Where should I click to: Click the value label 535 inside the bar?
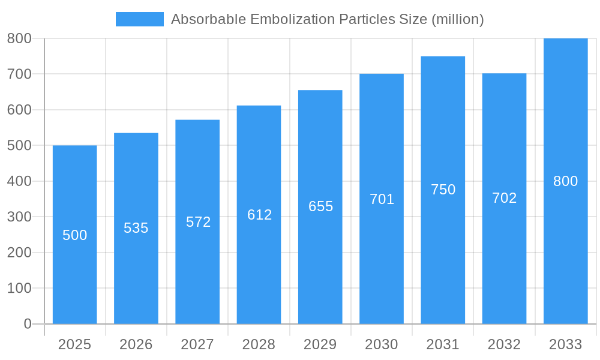click(136, 228)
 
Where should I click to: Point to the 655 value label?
click(320, 206)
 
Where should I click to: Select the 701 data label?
click(382, 199)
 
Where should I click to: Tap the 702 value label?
click(504, 198)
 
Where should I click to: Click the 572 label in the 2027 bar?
click(198, 222)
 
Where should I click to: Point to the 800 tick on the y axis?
click(19, 38)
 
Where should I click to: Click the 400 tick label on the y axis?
click(19, 181)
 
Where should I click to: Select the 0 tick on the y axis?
click(27, 324)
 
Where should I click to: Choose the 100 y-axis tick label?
click(19, 288)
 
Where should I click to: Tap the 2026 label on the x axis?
click(136, 344)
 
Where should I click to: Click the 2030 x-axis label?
click(382, 344)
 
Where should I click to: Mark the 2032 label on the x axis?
click(504, 344)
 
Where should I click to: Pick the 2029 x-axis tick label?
click(320, 344)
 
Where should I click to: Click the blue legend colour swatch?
click(139, 19)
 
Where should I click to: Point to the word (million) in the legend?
click(458, 19)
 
